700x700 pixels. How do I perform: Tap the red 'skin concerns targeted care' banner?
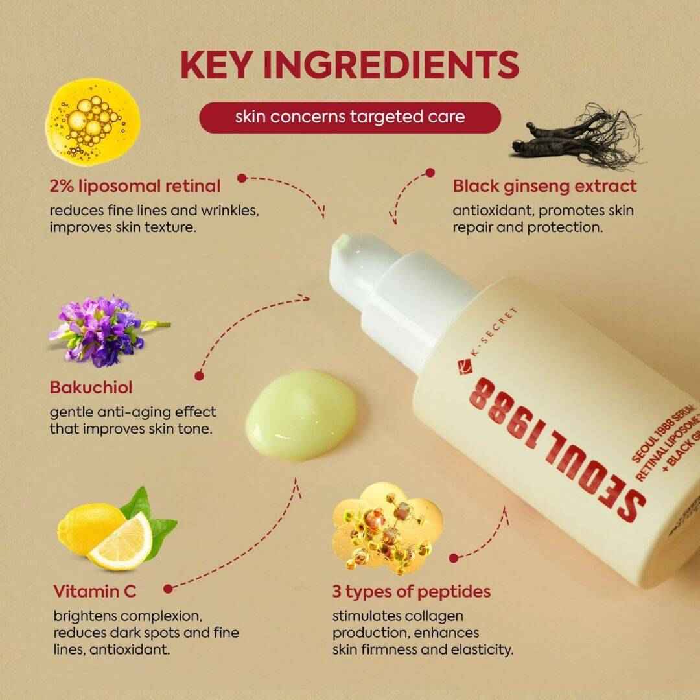(350, 117)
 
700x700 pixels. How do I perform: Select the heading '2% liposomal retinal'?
(135, 186)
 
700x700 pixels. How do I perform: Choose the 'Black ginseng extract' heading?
(544, 186)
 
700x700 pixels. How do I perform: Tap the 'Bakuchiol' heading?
(91, 388)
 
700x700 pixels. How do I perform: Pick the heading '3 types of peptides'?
(411, 591)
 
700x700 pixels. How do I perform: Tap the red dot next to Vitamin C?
(169, 589)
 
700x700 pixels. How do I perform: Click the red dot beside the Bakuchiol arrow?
(198, 375)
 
